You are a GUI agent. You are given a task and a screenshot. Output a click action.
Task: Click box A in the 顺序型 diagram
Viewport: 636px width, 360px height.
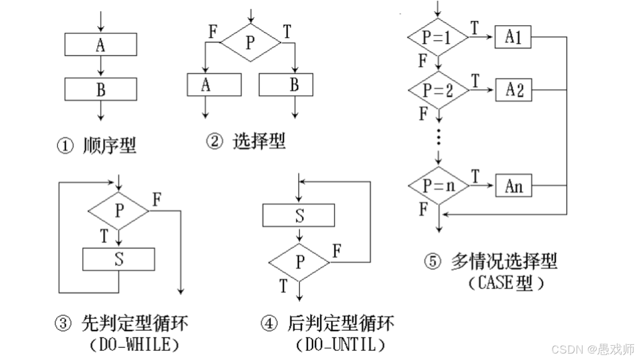click(100, 44)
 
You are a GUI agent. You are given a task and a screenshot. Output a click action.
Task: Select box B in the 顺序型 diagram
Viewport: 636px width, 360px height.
click(100, 89)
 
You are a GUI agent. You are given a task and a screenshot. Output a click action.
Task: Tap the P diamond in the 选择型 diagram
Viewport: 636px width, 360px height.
click(250, 42)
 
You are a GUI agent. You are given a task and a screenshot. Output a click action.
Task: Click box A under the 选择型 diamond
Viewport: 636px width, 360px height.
click(214, 85)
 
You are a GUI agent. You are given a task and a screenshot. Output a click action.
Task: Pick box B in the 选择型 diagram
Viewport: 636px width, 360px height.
click(286, 85)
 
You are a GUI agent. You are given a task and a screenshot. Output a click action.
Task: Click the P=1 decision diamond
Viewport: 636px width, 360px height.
click(438, 37)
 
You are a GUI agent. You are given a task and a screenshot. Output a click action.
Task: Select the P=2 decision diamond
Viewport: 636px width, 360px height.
click(438, 90)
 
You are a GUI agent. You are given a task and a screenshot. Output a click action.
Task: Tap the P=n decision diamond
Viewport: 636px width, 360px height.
click(438, 186)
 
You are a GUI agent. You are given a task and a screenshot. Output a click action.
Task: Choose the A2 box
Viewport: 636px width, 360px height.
click(513, 90)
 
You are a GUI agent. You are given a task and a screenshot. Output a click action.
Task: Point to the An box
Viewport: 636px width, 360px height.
click(513, 186)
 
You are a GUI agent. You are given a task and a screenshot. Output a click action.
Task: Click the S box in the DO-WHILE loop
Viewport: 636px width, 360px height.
click(119, 259)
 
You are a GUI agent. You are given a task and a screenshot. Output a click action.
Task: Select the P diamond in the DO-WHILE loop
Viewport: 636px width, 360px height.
click(119, 211)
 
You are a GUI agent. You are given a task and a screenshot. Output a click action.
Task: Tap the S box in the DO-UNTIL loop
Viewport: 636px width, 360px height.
click(299, 215)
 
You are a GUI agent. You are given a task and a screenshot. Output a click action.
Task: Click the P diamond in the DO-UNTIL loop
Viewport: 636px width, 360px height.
click(299, 262)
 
